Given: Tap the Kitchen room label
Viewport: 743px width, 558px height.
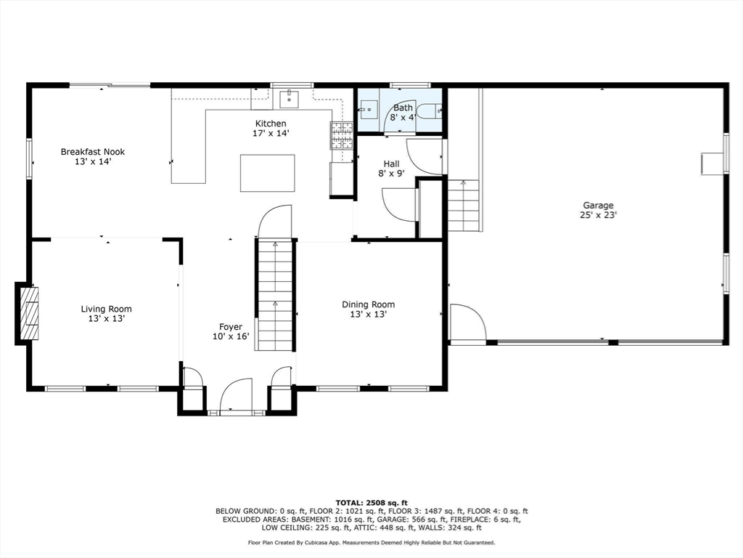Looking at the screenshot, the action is pos(271,124).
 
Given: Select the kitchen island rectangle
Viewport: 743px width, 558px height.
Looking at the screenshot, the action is pos(267,173).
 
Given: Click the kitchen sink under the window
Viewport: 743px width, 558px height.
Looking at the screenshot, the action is pos(289,99).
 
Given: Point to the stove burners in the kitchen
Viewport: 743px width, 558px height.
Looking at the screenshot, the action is pos(342,135).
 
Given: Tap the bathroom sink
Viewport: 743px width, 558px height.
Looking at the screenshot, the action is pos(368,110).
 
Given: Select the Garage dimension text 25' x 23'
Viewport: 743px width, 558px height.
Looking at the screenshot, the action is pos(598,215).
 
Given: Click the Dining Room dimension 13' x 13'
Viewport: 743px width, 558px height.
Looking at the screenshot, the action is pos(368,314).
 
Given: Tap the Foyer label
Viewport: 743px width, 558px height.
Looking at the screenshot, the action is pos(231,327).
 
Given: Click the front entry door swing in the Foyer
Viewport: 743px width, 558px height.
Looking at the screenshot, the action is pos(236,395).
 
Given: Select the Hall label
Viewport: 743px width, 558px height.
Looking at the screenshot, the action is pos(391,163).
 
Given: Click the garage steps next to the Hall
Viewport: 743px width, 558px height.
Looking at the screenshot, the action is pos(464,205).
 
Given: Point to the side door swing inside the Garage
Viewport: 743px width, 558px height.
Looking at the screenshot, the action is pos(468,322).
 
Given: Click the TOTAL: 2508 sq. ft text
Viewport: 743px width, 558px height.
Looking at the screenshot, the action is pos(371,503).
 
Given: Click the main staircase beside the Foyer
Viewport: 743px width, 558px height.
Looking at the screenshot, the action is pos(275,295).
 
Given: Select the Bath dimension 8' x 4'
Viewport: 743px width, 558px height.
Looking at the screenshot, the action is pos(403,117).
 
